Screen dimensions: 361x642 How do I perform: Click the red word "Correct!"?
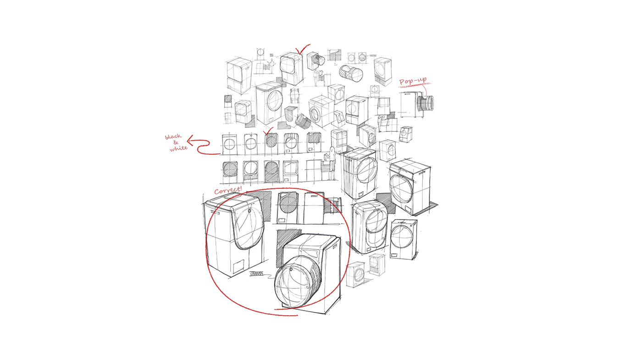tap(228, 189)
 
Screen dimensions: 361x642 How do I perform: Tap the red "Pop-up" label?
tap(413, 82)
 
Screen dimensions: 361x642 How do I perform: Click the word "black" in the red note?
tap(173, 137)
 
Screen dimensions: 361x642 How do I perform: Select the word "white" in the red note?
tap(178, 148)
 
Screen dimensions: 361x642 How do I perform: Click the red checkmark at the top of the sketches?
tap(302, 50)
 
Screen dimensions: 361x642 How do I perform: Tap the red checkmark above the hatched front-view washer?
tap(269, 131)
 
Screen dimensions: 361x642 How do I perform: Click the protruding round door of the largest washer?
tap(293, 284)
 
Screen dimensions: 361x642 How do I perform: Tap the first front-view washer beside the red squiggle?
tap(229, 144)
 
